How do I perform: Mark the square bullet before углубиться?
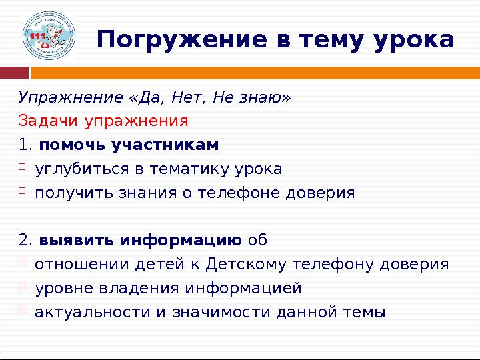click(x=22, y=168)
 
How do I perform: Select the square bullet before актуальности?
click(x=22, y=310)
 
